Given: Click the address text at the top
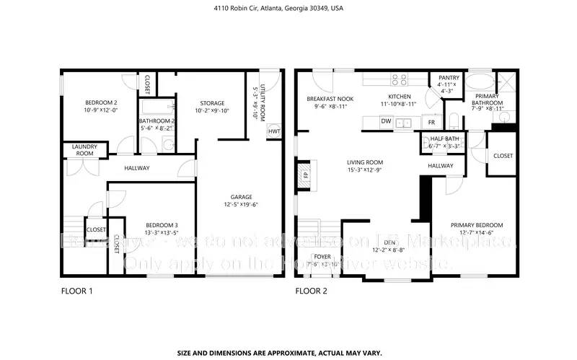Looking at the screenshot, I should click(288, 9).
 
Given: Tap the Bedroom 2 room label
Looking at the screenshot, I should click(96, 103).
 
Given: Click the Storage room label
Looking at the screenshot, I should click(212, 103).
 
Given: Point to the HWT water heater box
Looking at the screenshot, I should click(274, 131).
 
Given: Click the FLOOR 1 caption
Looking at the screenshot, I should click(76, 292).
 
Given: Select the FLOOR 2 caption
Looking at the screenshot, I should click(312, 292).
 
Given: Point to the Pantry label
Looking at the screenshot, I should click(449, 77).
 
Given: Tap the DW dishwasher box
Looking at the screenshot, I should click(386, 122).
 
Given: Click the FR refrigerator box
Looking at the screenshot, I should click(431, 122).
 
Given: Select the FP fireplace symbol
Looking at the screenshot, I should click(305, 175).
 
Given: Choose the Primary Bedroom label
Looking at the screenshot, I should click(477, 224).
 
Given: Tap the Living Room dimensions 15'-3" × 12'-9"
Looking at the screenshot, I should click(364, 170).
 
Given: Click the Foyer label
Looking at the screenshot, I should click(322, 256).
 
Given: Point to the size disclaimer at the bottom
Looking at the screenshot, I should click(288, 353).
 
